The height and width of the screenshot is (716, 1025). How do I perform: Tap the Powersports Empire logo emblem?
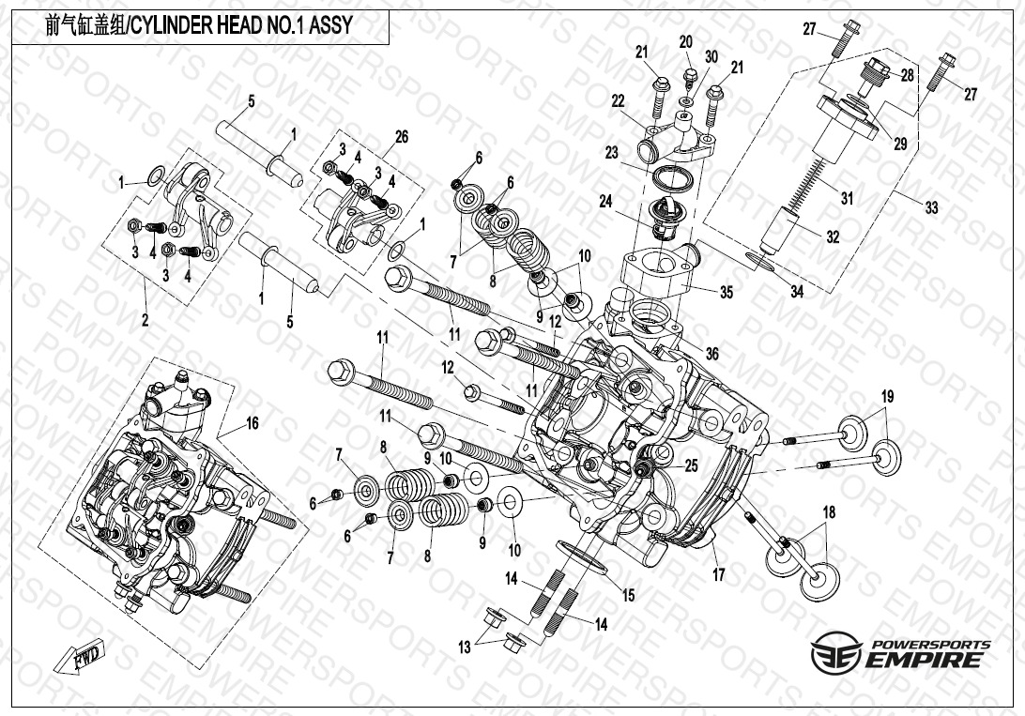(834, 650)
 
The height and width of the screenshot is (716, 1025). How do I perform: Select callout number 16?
(252, 423)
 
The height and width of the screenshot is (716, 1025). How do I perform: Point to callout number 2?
(145, 320)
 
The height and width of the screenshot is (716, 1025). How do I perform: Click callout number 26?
(401, 137)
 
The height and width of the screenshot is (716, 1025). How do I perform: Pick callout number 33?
(930, 207)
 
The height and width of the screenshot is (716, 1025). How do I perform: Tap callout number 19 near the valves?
(887, 395)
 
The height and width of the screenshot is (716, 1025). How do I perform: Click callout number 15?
(628, 595)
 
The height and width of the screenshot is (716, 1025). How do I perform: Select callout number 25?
(691, 465)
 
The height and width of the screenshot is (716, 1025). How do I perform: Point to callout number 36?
(711, 353)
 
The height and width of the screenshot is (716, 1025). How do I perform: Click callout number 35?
(726, 293)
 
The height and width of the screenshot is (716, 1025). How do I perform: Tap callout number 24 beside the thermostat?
(605, 201)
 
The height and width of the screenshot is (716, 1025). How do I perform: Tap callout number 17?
(718, 575)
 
